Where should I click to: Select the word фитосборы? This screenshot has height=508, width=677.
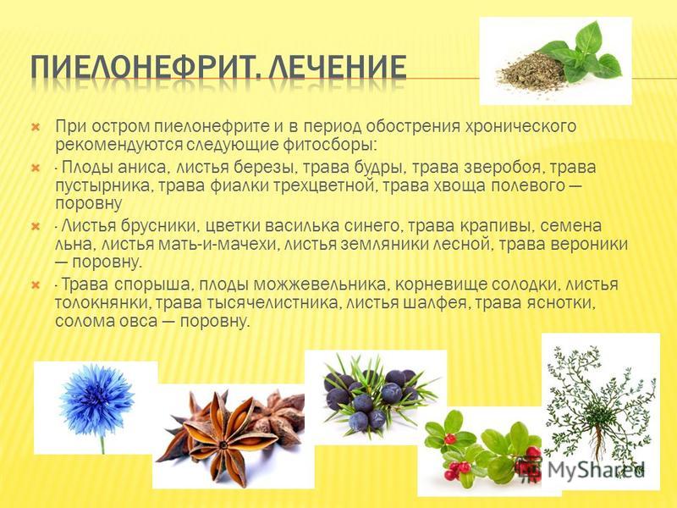click(x=330, y=145)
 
